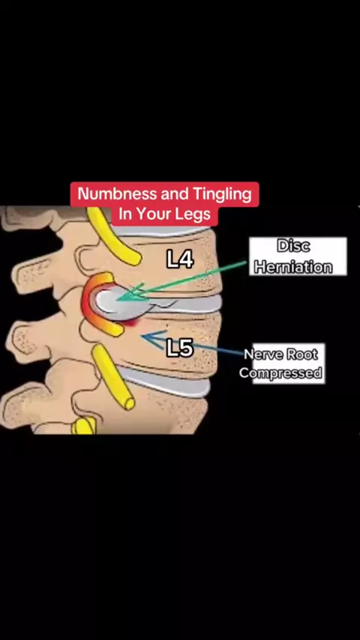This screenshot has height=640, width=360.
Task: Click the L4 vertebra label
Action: (180, 259)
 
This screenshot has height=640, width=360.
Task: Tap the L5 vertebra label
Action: (180, 348)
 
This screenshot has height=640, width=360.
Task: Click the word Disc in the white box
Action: (293, 246)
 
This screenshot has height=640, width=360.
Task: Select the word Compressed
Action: (280, 373)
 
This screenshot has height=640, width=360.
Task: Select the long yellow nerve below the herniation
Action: (112, 376)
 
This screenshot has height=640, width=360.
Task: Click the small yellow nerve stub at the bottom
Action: (84, 426)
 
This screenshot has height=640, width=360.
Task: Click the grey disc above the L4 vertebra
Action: (162, 232)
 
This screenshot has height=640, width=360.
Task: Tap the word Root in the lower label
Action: (301, 354)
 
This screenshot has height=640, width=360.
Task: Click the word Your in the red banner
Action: (151, 214)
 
